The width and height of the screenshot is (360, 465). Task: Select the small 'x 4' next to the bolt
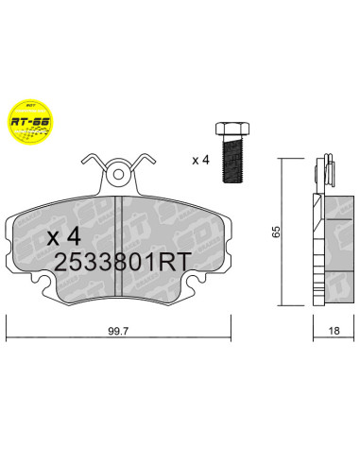pos(200,159)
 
